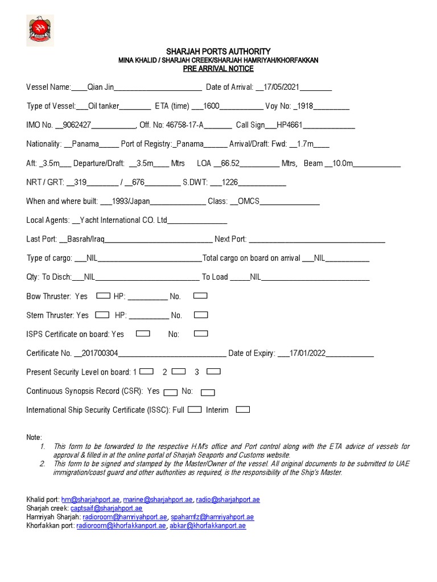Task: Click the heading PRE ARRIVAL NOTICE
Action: click(x=218, y=69)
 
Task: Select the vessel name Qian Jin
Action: click(x=101, y=88)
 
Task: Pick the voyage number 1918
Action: click(x=305, y=106)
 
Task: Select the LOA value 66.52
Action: click(x=229, y=163)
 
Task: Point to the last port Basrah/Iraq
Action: click(x=85, y=239)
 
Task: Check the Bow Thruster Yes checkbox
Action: click(x=103, y=296)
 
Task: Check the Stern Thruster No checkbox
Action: click(x=201, y=315)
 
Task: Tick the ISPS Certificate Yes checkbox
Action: click(x=143, y=334)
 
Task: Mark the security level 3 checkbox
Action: click(x=213, y=372)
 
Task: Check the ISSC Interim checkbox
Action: click(x=243, y=409)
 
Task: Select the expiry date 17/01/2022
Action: click(x=307, y=353)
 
